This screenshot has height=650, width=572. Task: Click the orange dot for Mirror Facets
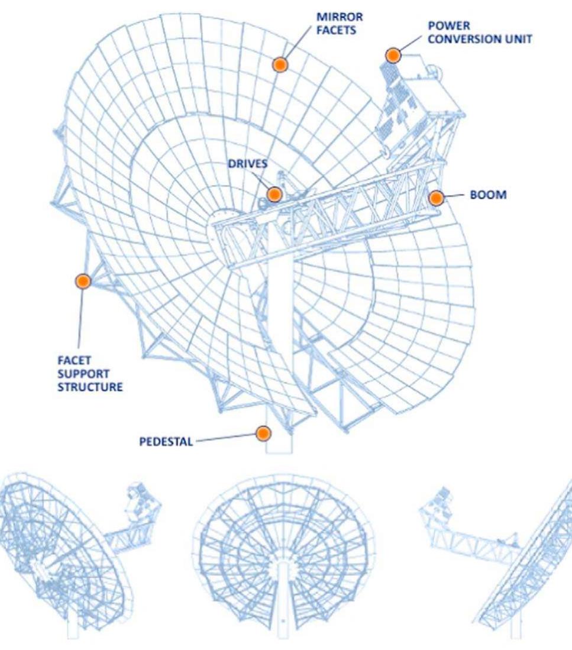coord(280,64)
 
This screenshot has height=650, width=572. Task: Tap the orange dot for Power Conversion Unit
coord(393,56)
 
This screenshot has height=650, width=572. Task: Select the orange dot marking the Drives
coord(274,194)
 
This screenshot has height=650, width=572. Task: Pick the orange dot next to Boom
coord(436,198)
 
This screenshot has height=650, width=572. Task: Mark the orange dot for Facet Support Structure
coord(83,282)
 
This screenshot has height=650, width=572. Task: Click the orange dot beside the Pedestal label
coord(264,434)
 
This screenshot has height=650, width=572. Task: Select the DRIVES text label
coord(248,164)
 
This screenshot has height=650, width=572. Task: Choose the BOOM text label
coord(488,195)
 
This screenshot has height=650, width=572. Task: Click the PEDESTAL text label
coord(166,442)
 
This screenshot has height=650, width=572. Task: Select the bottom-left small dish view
coord(77,556)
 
